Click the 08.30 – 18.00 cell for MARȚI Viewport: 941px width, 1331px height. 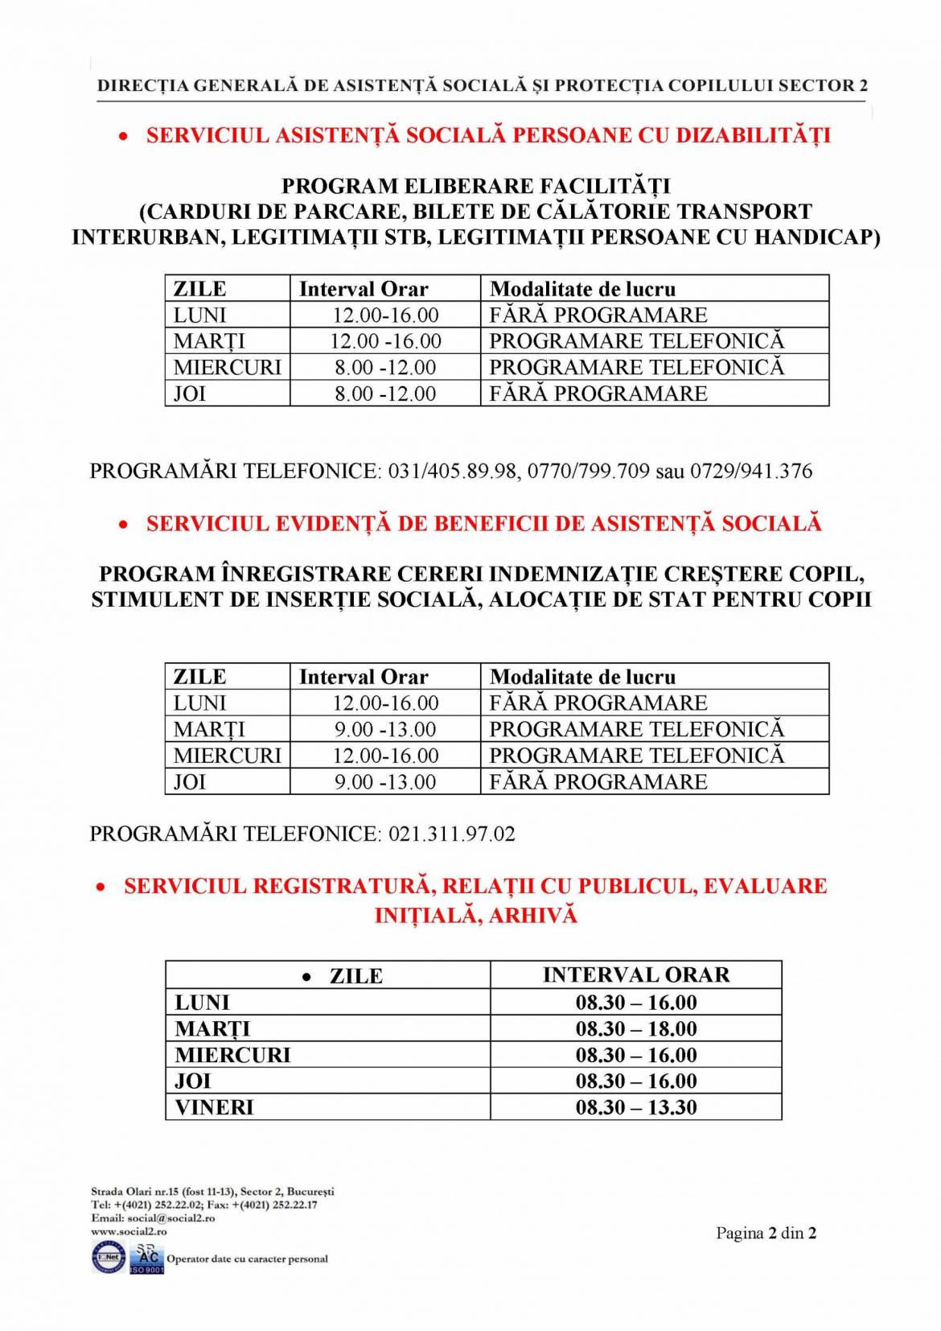point(635,1028)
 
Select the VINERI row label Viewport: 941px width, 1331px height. point(214,1107)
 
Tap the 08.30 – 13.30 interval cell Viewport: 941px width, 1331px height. point(635,1107)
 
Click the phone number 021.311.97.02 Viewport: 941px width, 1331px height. point(451,834)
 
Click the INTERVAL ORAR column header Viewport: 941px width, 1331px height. point(635,975)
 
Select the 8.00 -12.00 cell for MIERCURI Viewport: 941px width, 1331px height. point(385,368)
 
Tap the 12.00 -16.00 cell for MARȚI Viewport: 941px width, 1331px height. point(385,341)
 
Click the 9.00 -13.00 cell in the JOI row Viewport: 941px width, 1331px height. point(385,782)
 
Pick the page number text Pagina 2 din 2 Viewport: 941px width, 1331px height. point(766,1233)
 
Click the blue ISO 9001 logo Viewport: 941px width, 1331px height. point(146,1259)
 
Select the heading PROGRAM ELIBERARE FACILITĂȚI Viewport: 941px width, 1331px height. point(475,186)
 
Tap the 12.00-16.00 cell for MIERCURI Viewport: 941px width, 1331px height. point(385,756)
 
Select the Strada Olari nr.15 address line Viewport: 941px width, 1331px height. point(212,1191)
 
